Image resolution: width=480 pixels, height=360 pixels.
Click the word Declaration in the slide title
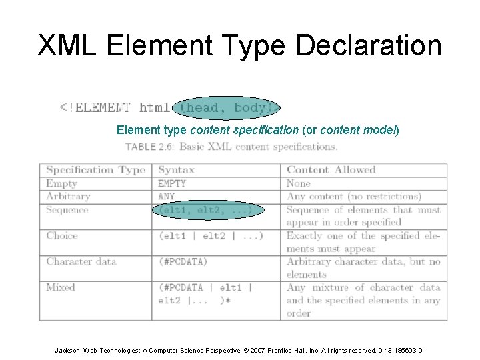368,45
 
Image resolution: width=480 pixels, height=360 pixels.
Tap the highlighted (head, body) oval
227,107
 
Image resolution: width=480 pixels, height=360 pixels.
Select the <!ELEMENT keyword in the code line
95,107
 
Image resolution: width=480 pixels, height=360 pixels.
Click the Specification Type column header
95,170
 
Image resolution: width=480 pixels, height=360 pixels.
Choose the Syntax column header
177,170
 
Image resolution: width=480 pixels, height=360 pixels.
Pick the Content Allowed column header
331,170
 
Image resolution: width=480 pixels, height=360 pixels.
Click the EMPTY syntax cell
172,183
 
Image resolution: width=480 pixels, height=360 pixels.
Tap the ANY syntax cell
167,197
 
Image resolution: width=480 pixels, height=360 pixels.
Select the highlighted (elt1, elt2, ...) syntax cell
205,210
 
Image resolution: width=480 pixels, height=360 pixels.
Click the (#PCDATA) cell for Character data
183,261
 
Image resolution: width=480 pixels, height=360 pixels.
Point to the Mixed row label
61,287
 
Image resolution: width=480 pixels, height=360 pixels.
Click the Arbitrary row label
68,197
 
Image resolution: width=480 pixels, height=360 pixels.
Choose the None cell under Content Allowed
299,183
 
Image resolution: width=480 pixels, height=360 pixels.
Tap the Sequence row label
67,210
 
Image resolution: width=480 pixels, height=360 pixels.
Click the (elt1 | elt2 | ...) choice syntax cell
211,235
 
